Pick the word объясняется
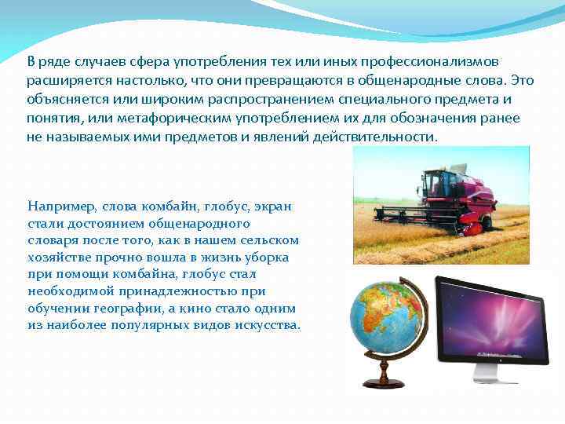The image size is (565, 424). (64, 99)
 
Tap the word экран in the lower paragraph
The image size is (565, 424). (271, 206)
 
